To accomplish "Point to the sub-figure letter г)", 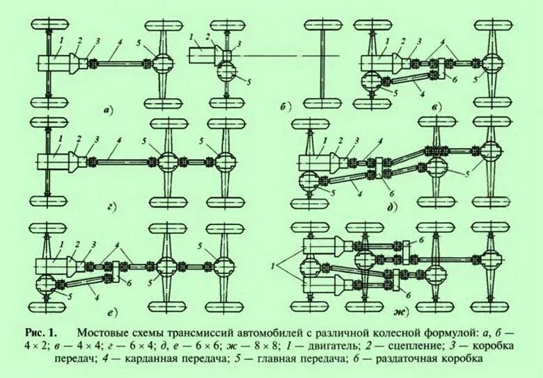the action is coord(111,206).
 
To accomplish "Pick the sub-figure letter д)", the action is coord(393,206).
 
